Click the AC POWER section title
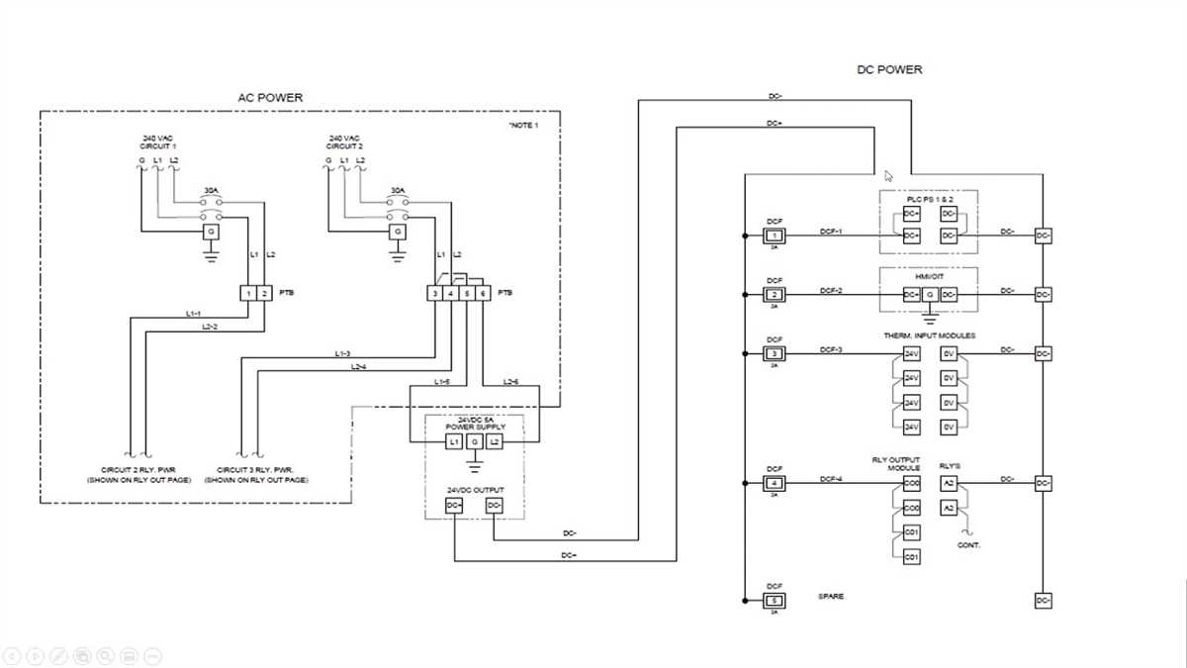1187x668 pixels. point(270,97)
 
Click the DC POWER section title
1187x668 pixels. point(888,69)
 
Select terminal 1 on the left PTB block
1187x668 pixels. point(248,293)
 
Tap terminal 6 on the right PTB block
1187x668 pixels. point(483,293)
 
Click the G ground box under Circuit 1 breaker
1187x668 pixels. point(210,232)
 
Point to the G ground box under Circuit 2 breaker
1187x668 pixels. point(398,232)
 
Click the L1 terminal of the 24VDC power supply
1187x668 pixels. point(455,441)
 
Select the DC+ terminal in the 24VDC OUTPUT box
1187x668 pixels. point(455,506)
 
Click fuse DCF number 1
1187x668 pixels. point(775,236)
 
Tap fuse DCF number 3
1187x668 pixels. point(775,353)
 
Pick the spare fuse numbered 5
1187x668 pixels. point(775,601)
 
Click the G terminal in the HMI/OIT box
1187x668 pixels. point(930,295)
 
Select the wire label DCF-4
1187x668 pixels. point(831,478)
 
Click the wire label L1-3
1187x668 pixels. point(342,353)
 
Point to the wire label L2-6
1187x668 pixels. point(510,381)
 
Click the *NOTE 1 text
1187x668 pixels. point(523,126)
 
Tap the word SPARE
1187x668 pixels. point(831,596)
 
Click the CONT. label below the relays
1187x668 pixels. point(968,545)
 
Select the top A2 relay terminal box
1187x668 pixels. point(949,484)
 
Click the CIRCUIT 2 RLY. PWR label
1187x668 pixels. point(137,469)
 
